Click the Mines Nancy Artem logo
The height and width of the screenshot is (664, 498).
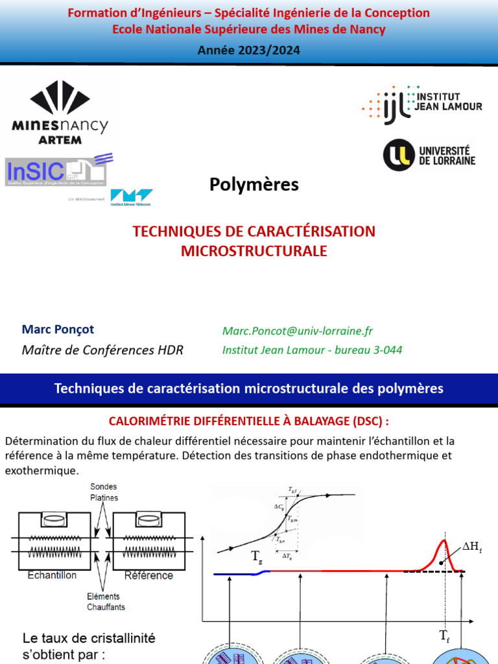tap(60, 112)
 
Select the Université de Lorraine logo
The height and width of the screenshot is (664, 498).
tap(429, 155)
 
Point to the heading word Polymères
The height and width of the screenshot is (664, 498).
tap(254, 185)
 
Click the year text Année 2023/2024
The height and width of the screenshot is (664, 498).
tap(249, 51)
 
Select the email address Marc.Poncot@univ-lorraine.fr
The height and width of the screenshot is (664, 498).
tap(298, 331)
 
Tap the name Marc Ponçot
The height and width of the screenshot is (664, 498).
tap(62, 329)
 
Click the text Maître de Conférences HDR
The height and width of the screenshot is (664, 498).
tap(102, 350)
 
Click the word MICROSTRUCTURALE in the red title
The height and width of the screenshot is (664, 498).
tap(254, 250)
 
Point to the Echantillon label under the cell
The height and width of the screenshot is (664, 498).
tap(52, 575)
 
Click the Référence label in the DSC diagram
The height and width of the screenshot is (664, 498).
tap(149, 575)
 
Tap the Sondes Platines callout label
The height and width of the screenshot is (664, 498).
tap(101, 492)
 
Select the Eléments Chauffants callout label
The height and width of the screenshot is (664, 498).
tap(106, 602)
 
